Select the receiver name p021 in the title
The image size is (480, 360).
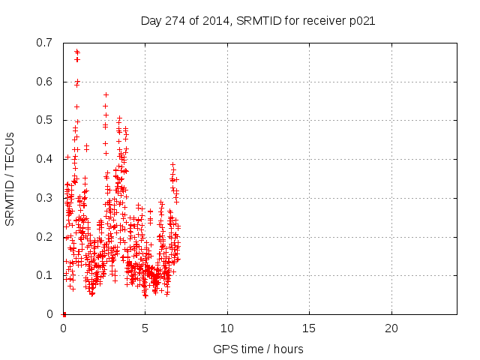tap(360, 20)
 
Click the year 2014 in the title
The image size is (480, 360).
tap(215, 20)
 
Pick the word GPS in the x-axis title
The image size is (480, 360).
tap(224, 349)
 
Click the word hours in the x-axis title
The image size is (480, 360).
tap(289, 349)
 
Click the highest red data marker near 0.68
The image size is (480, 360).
tap(76, 52)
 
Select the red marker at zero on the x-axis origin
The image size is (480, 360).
tap(64, 314)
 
